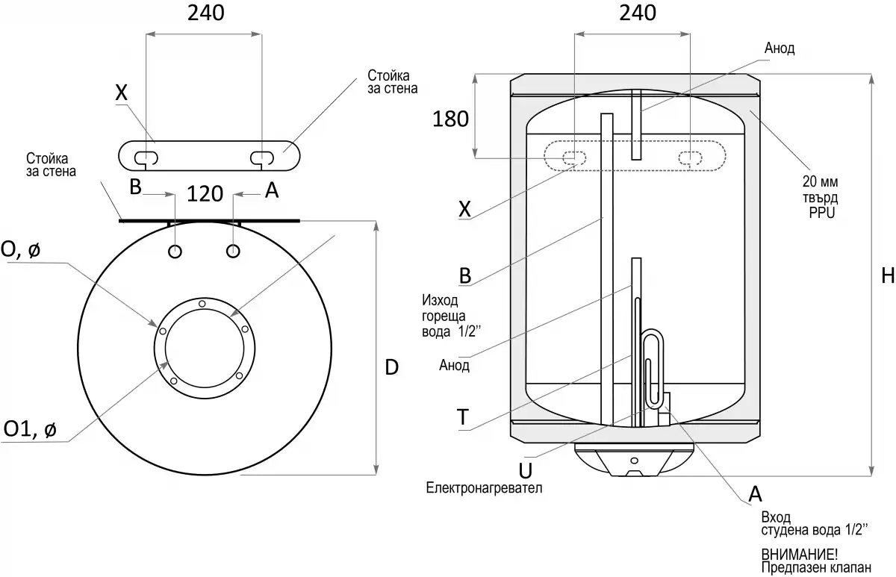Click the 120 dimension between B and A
pos(205,193)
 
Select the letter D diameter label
pos(391,367)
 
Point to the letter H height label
pos(887,275)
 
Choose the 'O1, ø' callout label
pos(29,429)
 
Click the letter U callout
pos(525,470)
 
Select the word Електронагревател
pos(483,488)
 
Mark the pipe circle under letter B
pos(174,251)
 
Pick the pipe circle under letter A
pos(234,251)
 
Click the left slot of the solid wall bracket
pos(146,157)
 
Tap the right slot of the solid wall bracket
pos(262,157)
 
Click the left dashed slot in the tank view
pos(573,157)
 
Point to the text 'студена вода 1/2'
pos(814,531)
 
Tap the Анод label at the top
pos(780,49)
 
